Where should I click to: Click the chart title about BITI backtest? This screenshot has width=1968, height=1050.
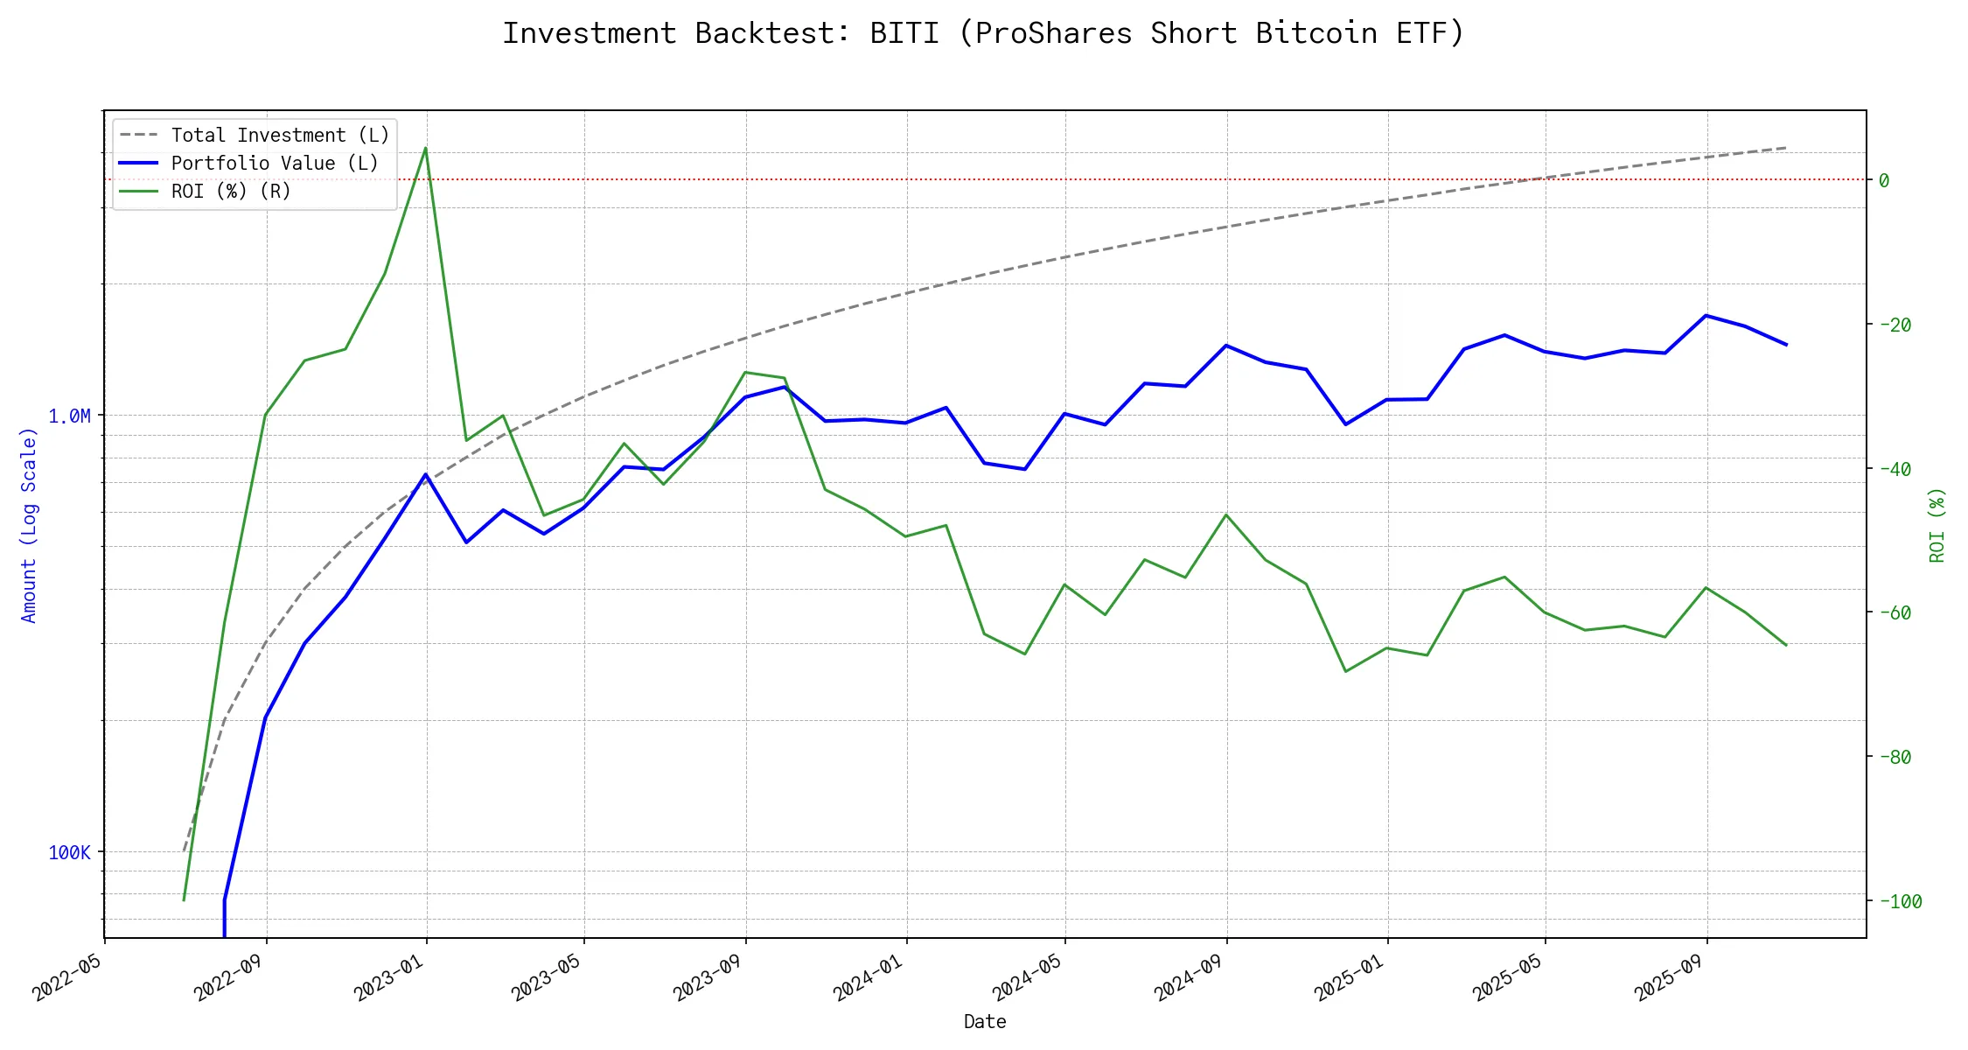click(983, 33)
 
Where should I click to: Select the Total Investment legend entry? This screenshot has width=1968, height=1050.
click(280, 136)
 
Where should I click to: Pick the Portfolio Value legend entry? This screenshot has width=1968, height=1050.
click(275, 164)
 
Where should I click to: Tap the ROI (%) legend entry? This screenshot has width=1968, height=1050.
click(231, 192)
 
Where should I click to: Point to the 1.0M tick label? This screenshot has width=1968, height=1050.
click(69, 416)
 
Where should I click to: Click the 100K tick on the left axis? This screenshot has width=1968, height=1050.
click(69, 853)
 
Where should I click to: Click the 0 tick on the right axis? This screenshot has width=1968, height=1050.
click(1884, 181)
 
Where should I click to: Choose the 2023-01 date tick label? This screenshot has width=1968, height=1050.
click(390, 977)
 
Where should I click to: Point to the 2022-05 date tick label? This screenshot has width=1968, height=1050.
click(68, 977)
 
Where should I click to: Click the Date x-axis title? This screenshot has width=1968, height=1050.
click(985, 1022)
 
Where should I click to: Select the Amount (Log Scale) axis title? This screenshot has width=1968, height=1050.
click(30, 525)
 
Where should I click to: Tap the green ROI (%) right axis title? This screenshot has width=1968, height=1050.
click(1937, 525)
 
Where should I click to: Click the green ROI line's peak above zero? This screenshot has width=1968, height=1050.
click(425, 148)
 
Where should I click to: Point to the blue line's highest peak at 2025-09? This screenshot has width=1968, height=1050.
click(1706, 315)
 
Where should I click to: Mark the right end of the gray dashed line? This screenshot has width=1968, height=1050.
click(1786, 148)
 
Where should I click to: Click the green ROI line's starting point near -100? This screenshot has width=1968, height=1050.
click(184, 899)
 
